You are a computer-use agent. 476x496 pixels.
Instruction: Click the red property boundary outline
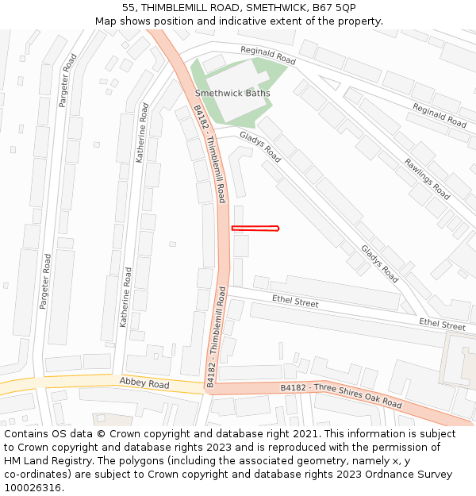point(255,229)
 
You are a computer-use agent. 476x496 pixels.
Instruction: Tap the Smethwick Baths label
point(232,94)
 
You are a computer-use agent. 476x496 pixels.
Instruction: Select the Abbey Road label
point(144,383)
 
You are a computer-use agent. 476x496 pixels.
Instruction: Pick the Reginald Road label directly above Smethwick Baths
point(268,56)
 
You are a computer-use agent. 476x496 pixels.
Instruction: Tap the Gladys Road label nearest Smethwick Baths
point(260,147)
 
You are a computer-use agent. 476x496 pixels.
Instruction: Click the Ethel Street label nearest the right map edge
point(442,325)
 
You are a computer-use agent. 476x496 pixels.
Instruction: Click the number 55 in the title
point(129,7)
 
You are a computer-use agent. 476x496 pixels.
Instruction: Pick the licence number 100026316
point(33,488)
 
